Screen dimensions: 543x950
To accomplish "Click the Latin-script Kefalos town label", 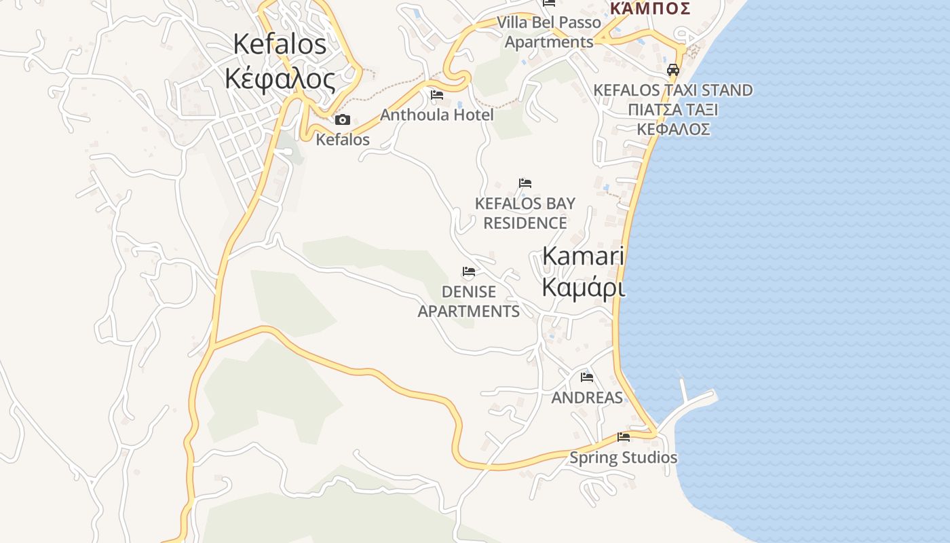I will pos(280,44).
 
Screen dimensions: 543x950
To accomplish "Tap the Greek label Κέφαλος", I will pos(280,79).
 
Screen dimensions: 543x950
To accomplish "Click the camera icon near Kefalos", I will pos(343,120).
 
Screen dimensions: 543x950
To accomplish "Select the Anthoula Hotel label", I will pos(437,115).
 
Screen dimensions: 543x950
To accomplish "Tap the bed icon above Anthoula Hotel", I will pos(437,95).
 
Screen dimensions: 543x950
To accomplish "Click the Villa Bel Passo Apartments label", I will pos(549,32).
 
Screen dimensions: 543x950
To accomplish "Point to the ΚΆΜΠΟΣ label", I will pos(649,8).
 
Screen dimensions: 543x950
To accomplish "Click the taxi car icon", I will pos(673,70).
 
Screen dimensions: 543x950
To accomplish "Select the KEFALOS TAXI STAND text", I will pos(673,90).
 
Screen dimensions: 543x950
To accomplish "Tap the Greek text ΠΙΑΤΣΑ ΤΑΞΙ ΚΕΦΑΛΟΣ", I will pos(673,119).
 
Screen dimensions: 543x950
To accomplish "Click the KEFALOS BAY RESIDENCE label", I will pos(525,213).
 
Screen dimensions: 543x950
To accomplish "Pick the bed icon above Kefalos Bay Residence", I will pos(525,183).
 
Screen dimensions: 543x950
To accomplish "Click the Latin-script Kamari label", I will pos(583,255).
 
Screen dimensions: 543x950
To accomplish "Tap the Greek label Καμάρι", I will pos(583,287).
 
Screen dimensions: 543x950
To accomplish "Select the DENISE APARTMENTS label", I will pos(469,301).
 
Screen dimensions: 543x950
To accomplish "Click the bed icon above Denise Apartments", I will pos(469,271).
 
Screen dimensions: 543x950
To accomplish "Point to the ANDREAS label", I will pos(587,398).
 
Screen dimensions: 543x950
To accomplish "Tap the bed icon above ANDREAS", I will pos(587,377).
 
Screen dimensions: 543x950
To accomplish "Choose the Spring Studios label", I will pos(623,457).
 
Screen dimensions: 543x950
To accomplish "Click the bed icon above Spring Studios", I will pos(624,437).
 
